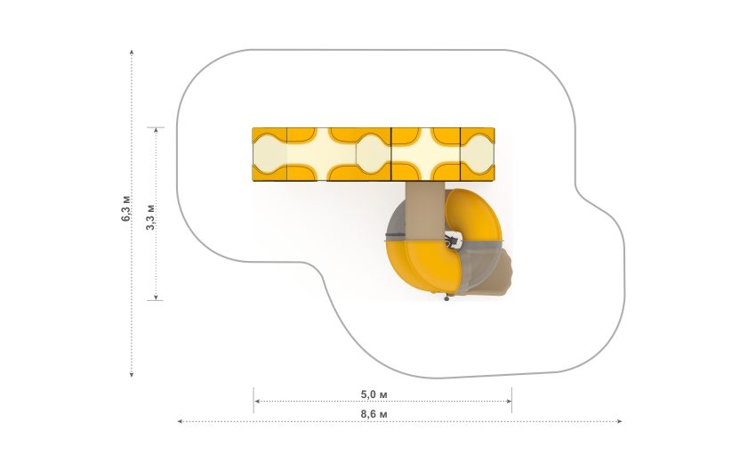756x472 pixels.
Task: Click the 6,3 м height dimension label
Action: [x=125, y=209]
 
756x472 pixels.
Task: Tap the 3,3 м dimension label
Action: [x=150, y=217]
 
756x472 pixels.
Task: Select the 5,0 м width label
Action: [x=374, y=395]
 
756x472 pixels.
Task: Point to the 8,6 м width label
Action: [x=374, y=414]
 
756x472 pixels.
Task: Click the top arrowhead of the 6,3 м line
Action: [x=132, y=51]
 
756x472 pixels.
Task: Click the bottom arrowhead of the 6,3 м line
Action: [x=132, y=375]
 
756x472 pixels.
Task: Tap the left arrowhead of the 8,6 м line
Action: [x=180, y=421]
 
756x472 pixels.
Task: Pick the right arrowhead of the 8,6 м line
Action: [x=620, y=421]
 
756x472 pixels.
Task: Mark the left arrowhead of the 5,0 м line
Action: [x=257, y=401]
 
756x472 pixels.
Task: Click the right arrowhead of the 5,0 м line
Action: [x=509, y=401]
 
